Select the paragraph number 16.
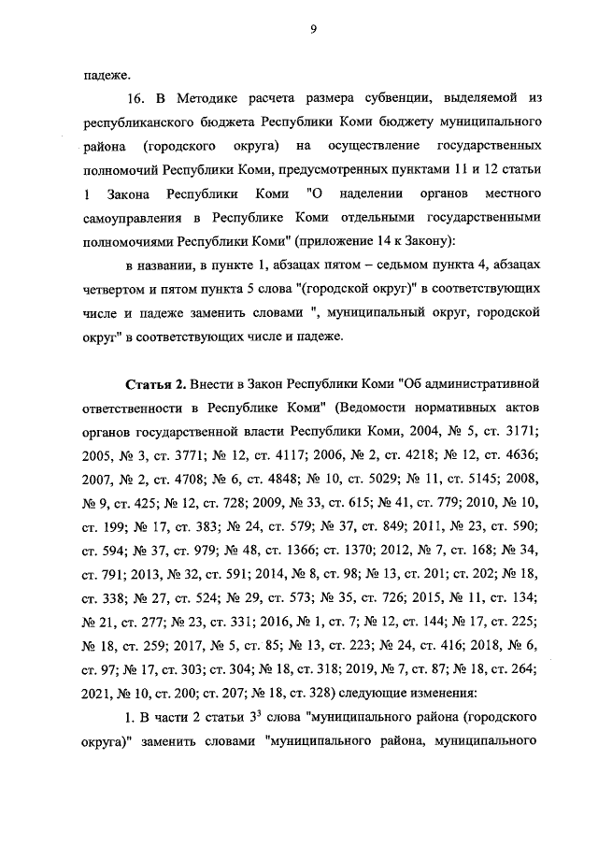coord(135,98)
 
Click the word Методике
coord(206,98)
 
